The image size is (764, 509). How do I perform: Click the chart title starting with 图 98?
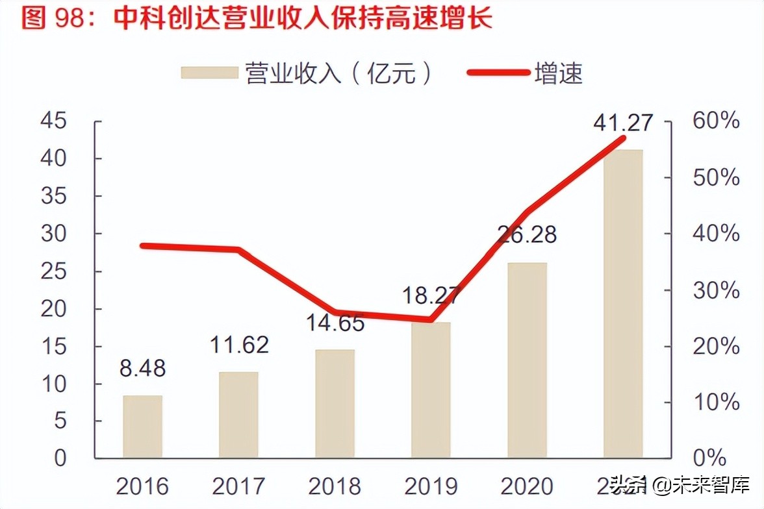coord(257,18)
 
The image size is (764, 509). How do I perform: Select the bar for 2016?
coord(142,426)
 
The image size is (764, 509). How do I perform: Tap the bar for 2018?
coord(335,403)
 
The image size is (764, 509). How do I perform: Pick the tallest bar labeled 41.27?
coord(623,303)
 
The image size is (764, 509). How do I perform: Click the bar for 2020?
coord(527,360)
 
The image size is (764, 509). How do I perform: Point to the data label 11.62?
coord(239,345)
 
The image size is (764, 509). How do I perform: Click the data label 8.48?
coord(143,368)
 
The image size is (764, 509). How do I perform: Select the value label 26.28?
coord(527,234)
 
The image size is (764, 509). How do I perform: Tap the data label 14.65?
coord(335,323)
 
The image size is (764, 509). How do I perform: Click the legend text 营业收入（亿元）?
coord(338,73)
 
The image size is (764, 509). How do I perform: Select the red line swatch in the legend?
coord(498,73)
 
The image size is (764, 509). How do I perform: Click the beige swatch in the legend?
coord(209,73)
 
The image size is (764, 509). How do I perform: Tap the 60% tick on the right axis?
coord(716,121)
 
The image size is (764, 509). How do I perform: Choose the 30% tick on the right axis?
coord(716,290)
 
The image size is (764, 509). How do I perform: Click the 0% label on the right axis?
coord(709,458)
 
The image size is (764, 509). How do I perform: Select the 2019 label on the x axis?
coord(431,486)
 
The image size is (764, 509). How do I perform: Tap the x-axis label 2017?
coord(238,486)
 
